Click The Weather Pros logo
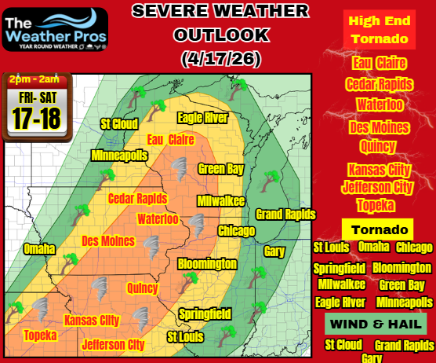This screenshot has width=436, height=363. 55,29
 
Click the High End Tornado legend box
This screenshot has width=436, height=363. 378,30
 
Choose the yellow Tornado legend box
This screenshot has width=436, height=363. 378,229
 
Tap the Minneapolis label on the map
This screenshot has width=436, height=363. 119,156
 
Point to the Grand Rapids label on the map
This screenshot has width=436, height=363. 285,214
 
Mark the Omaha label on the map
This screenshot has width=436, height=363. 40,249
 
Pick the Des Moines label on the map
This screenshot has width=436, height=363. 108,240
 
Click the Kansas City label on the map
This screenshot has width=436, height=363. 92,320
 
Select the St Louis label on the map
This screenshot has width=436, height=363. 188,336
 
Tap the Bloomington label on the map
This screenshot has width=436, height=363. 207,263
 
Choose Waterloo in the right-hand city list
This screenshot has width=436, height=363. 378,104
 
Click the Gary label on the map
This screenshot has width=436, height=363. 274,251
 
